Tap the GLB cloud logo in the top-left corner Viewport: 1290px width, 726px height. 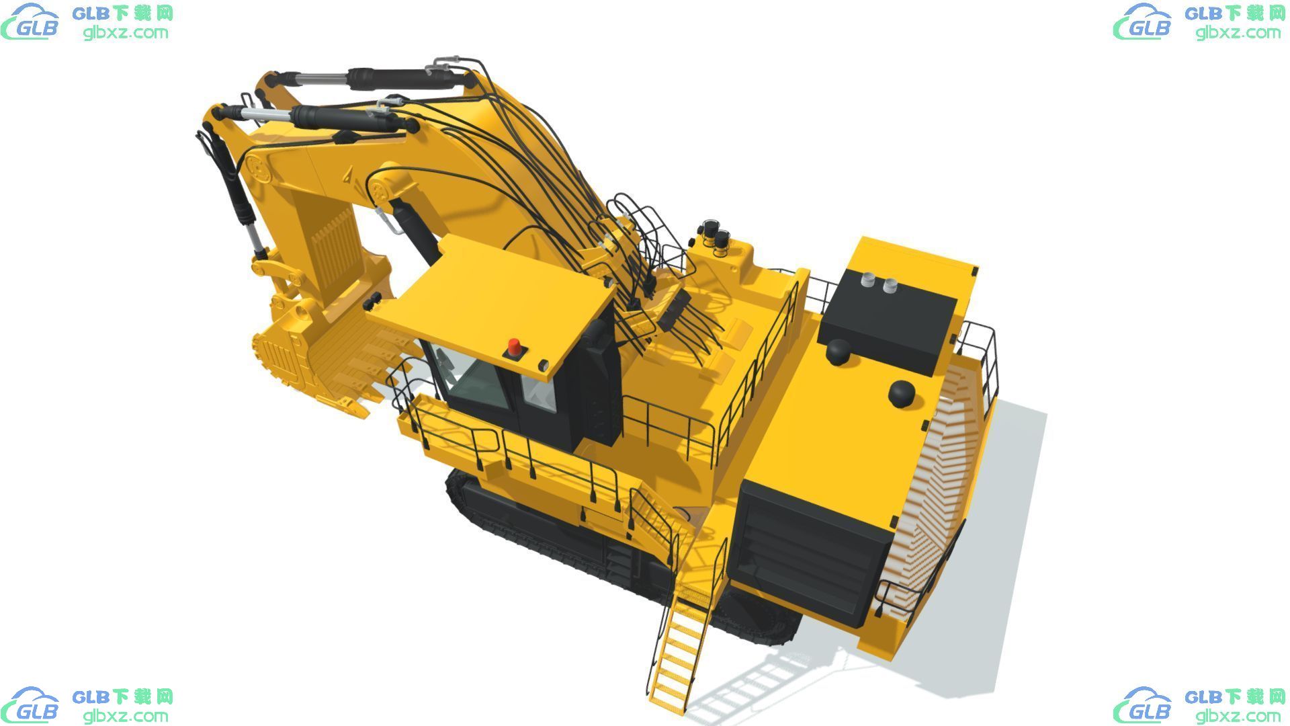coord(31,22)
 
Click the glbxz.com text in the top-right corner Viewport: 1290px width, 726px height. coord(1238,32)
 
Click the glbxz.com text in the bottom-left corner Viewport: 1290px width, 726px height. coord(126,715)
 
